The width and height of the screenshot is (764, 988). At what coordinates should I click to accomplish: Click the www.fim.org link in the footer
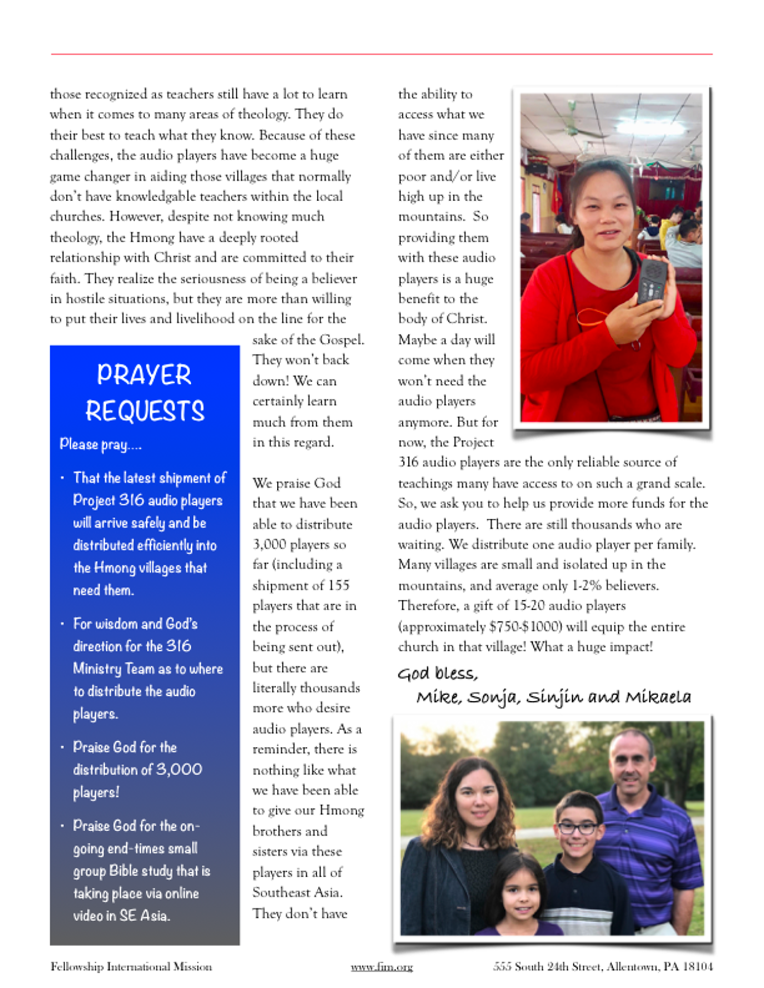point(382,966)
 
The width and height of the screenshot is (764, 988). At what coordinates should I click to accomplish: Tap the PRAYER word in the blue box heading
point(144,375)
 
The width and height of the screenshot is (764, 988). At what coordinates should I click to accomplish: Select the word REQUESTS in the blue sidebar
point(145,411)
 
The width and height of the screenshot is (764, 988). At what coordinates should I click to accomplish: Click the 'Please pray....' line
point(101,444)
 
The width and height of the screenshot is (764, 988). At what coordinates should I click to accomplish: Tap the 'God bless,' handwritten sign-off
point(438,673)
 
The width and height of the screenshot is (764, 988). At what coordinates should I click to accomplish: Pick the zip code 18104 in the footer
point(698,966)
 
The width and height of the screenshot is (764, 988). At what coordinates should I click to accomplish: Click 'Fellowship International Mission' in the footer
point(131,966)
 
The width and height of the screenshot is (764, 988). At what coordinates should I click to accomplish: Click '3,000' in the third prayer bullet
point(179,770)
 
